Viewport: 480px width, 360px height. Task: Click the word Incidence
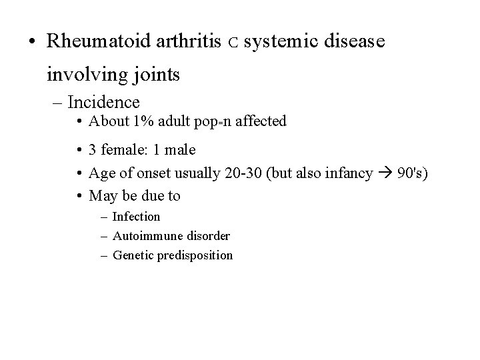click(103, 102)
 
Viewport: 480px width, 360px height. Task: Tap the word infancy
click(348, 173)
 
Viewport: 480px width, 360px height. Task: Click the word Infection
click(136, 217)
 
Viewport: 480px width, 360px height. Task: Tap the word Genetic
click(133, 255)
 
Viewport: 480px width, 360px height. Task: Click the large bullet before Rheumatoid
click(32, 42)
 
